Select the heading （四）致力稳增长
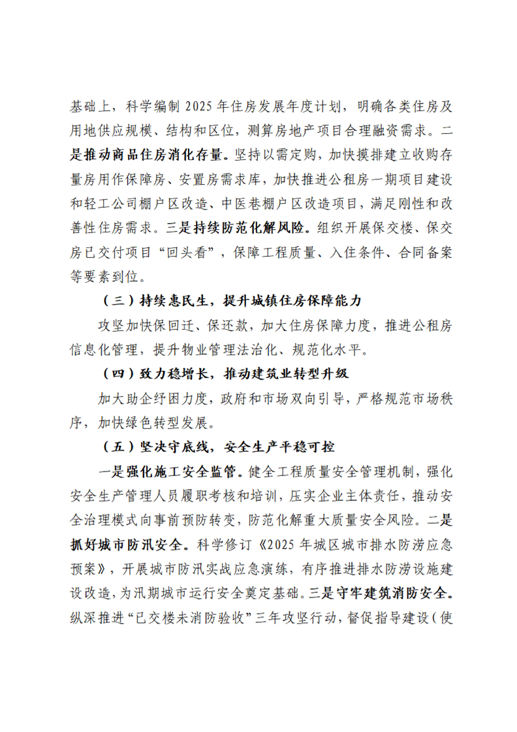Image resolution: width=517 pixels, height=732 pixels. [227, 375]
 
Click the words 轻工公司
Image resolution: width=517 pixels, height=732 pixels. [117, 204]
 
